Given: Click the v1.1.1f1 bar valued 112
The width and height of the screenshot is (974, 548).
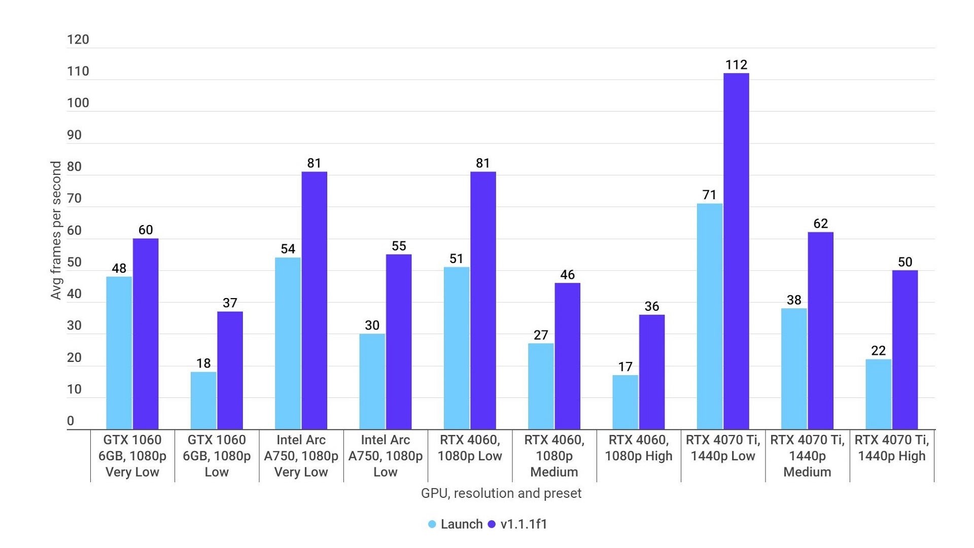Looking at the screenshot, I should click(x=736, y=251).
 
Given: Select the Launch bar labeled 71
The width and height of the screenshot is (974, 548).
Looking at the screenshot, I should click(x=709, y=316).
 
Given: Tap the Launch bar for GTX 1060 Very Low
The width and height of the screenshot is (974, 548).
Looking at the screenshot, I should click(x=119, y=353).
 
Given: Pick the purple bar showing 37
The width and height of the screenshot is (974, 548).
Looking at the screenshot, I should click(x=230, y=370).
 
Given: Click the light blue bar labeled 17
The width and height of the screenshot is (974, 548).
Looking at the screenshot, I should click(x=625, y=402).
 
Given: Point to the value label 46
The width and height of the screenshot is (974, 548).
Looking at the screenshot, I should click(x=567, y=275).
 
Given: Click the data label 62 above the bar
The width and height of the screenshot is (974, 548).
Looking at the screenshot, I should click(x=820, y=224).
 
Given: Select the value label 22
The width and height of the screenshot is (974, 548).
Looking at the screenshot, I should click(x=878, y=351).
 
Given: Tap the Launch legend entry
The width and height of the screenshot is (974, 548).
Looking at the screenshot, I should click(x=455, y=524).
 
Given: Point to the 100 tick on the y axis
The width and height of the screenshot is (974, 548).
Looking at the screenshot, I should click(x=78, y=103).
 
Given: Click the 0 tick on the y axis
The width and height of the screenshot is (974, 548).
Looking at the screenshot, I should click(x=71, y=421).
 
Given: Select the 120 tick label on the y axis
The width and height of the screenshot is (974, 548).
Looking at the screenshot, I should click(x=78, y=40).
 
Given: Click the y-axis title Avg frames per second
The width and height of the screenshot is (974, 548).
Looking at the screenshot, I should click(x=56, y=230).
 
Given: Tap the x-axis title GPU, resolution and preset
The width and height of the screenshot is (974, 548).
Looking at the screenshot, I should click(x=501, y=493).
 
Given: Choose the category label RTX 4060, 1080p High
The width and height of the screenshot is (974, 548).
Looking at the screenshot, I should click(x=638, y=448).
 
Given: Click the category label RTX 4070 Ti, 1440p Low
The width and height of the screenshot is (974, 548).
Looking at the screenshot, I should click(x=723, y=448).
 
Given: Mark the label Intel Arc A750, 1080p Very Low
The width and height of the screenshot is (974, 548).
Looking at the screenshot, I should click(x=301, y=456).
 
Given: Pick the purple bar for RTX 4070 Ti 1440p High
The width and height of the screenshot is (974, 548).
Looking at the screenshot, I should click(x=905, y=350).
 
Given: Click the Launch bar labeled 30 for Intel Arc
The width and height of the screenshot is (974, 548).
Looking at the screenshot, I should click(x=372, y=381).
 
